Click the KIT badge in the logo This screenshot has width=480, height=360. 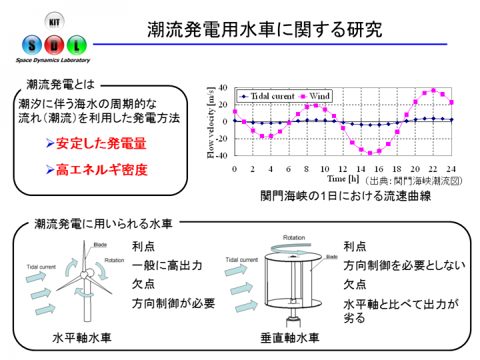(x=55, y=21)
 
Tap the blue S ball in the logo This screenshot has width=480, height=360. (x=32, y=45)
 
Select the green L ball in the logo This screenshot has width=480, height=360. (x=77, y=45)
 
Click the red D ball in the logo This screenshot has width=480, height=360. (x=54, y=45)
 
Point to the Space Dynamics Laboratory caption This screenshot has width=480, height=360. (x=53, y=60)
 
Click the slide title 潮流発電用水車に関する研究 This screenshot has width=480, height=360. (x=265, y=29)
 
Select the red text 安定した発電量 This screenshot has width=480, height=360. (x=101, y=143)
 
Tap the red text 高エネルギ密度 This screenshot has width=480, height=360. (x=102, y=169)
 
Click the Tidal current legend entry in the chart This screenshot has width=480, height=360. (x=267, y=96)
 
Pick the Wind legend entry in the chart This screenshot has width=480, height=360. (x=315, y=96)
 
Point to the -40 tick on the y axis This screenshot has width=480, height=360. (x=222, y=155)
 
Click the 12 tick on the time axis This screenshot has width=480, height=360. (x=343, y=169)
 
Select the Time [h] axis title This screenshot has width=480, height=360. (x=343, y=179)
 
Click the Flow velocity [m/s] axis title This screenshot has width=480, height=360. (x=210, y=123)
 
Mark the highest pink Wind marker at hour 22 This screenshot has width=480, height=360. (x=433, y=91)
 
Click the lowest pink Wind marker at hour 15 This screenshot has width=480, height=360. (x=370, y=153)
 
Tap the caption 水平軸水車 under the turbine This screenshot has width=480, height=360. (x=82, y=337)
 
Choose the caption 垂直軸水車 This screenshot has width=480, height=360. (x=289, y=337)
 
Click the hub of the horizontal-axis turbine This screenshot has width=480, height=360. (x=84, y=275)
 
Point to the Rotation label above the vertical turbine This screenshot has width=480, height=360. (x=294, y=237)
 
